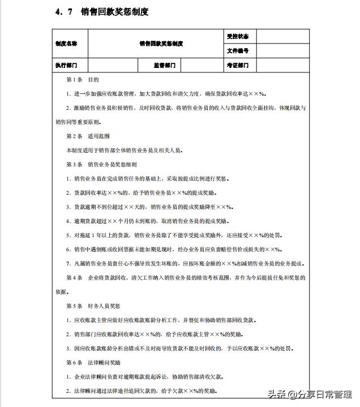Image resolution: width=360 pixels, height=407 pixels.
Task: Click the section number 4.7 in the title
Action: pyautogui.click(x=64, y=12)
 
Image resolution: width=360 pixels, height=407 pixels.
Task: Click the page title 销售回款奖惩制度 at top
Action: pyautogui.click(x=115, y=12)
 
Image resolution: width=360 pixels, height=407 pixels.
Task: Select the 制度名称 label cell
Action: pyautogui.click(x=67, y=44)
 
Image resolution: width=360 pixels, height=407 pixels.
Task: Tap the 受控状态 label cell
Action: pyautogui.click(x=237, y=36)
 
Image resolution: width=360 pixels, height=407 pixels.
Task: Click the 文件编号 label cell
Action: pyautogui.click(x=237, y=51)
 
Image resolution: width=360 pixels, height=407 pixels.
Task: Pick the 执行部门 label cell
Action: pyautogui.click(x=67, y=66)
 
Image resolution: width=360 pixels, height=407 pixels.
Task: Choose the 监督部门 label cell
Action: pyautogui.click(x=165, y=66)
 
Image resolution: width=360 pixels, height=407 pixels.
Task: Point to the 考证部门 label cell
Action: pyautogui.click(x=237, y=66)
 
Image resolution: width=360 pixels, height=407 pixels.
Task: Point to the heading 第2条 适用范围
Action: pyautogui.click(x=88, y=136)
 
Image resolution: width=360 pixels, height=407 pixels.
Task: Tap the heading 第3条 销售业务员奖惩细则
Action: pyautogui.click(x=101, y=165)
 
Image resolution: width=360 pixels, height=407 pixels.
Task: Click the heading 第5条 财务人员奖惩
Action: pyautogui.click(x=93, y=306)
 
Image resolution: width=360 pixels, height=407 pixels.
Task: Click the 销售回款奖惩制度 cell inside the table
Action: pyautogui.click(x=161, y=44)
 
